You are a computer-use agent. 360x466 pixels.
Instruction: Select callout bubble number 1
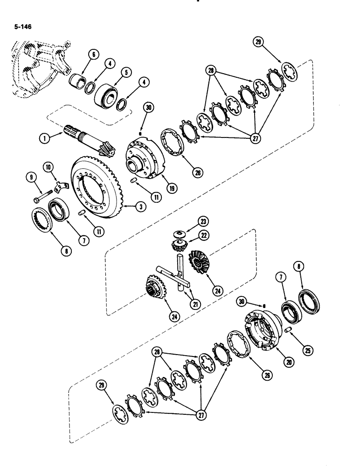pyautogui.click(x=44, y=138)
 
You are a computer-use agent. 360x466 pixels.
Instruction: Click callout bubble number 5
pyautogui.click(x=125, y=72)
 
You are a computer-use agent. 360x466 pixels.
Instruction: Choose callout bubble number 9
pyautogui.click(x=33, y=178)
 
